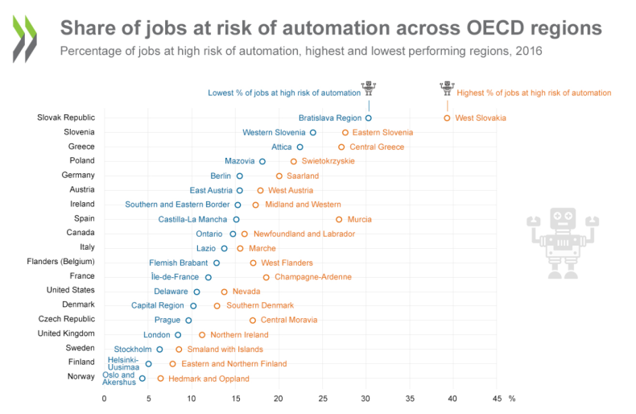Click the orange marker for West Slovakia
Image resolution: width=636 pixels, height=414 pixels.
pyautogui.click(x=447, y=118)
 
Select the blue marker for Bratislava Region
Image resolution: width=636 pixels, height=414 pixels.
pyautogui.click(x=369, y=118)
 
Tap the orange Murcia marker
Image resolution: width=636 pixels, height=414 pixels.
pyautogui.click(x=339, y=219)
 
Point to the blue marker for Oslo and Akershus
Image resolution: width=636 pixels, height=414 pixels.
pyautogui.click(x=142, y=378)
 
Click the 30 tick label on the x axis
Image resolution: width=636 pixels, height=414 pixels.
pyautogui.click(x=365, y=398)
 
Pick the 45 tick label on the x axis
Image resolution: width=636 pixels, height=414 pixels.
pyautogui.click(x=497, y=398)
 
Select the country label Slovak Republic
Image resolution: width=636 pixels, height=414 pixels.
pyautogui.click(x=66, y=118)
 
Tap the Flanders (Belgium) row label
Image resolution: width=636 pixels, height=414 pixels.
pyautogui.click(x=66, y=262)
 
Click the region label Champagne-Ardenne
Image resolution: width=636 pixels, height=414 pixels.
pyautogui.click(x=313, y=277)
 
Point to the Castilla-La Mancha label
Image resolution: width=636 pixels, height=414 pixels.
pyautogui.click(x=192, y=219)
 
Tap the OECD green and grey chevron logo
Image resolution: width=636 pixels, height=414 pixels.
pyautogui.click(x=24, y=38)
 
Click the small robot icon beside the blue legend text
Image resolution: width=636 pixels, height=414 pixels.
pyautogui.click(x=369, y=87)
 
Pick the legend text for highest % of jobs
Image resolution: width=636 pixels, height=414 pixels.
pyautogui.click(x=534, y=93)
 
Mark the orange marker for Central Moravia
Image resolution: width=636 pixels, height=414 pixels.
pyautogui.click(x=253, y=320)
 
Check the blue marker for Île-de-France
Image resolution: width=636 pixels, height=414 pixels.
pyautogui.click(x=209, y=277)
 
